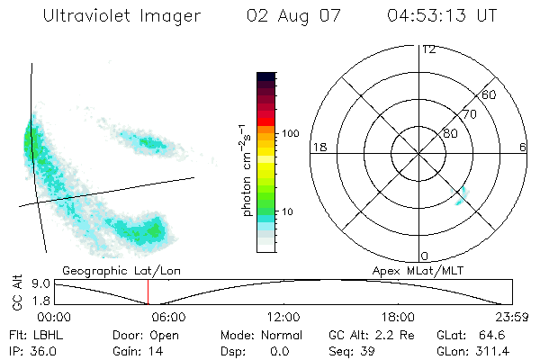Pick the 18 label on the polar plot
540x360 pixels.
(318, 147)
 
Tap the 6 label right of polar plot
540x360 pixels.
(523, 147)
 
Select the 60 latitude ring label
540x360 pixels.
(490, 94)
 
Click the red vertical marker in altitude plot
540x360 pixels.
(148, 292)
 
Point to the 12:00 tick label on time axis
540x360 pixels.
(283, 317)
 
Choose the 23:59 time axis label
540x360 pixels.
(512, 317)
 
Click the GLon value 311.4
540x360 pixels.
(497, 349)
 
